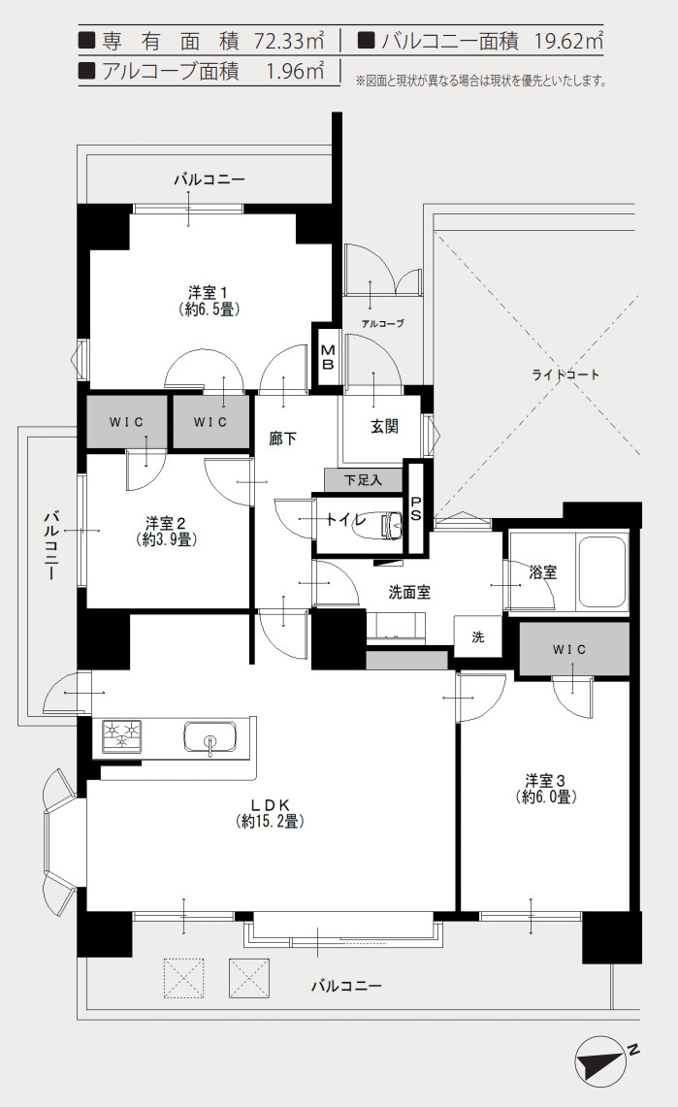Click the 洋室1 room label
[209, 292]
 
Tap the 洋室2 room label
[167, 522]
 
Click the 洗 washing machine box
[478, 636]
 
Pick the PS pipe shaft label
[416, 509]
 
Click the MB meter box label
[328, 358]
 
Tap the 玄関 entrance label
[384, 427]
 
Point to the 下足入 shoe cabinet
[363, 480]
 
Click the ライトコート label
[565, 374]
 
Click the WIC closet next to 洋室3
[574, 649]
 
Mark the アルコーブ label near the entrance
[381, 323]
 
